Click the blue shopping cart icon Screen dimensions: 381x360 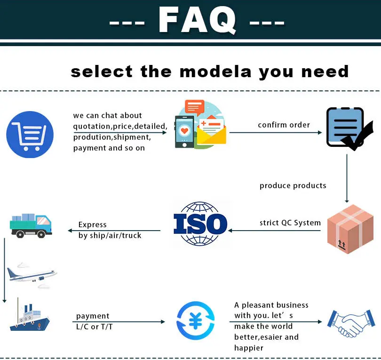(x=30, y=134)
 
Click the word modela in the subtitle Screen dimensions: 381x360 (x=215, y=72)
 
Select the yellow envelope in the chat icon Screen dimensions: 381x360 (x=212, y=135)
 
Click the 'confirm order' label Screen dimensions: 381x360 (x=284, y=125)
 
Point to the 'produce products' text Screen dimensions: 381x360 (x=293, y=185)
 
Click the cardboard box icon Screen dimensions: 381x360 (x=350, y=229)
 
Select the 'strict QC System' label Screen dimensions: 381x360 (x=290, y=223)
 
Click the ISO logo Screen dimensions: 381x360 (x=200, y=224)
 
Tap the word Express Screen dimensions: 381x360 (x=92, y=224)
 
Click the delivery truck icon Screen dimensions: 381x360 (x=31, y=224)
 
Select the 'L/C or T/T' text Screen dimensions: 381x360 (x=94, y=327)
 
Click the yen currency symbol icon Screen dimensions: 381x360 (x=195, y=321)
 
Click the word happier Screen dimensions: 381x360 (x=249, y=348)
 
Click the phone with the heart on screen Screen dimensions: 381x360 (x=184, y=131)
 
